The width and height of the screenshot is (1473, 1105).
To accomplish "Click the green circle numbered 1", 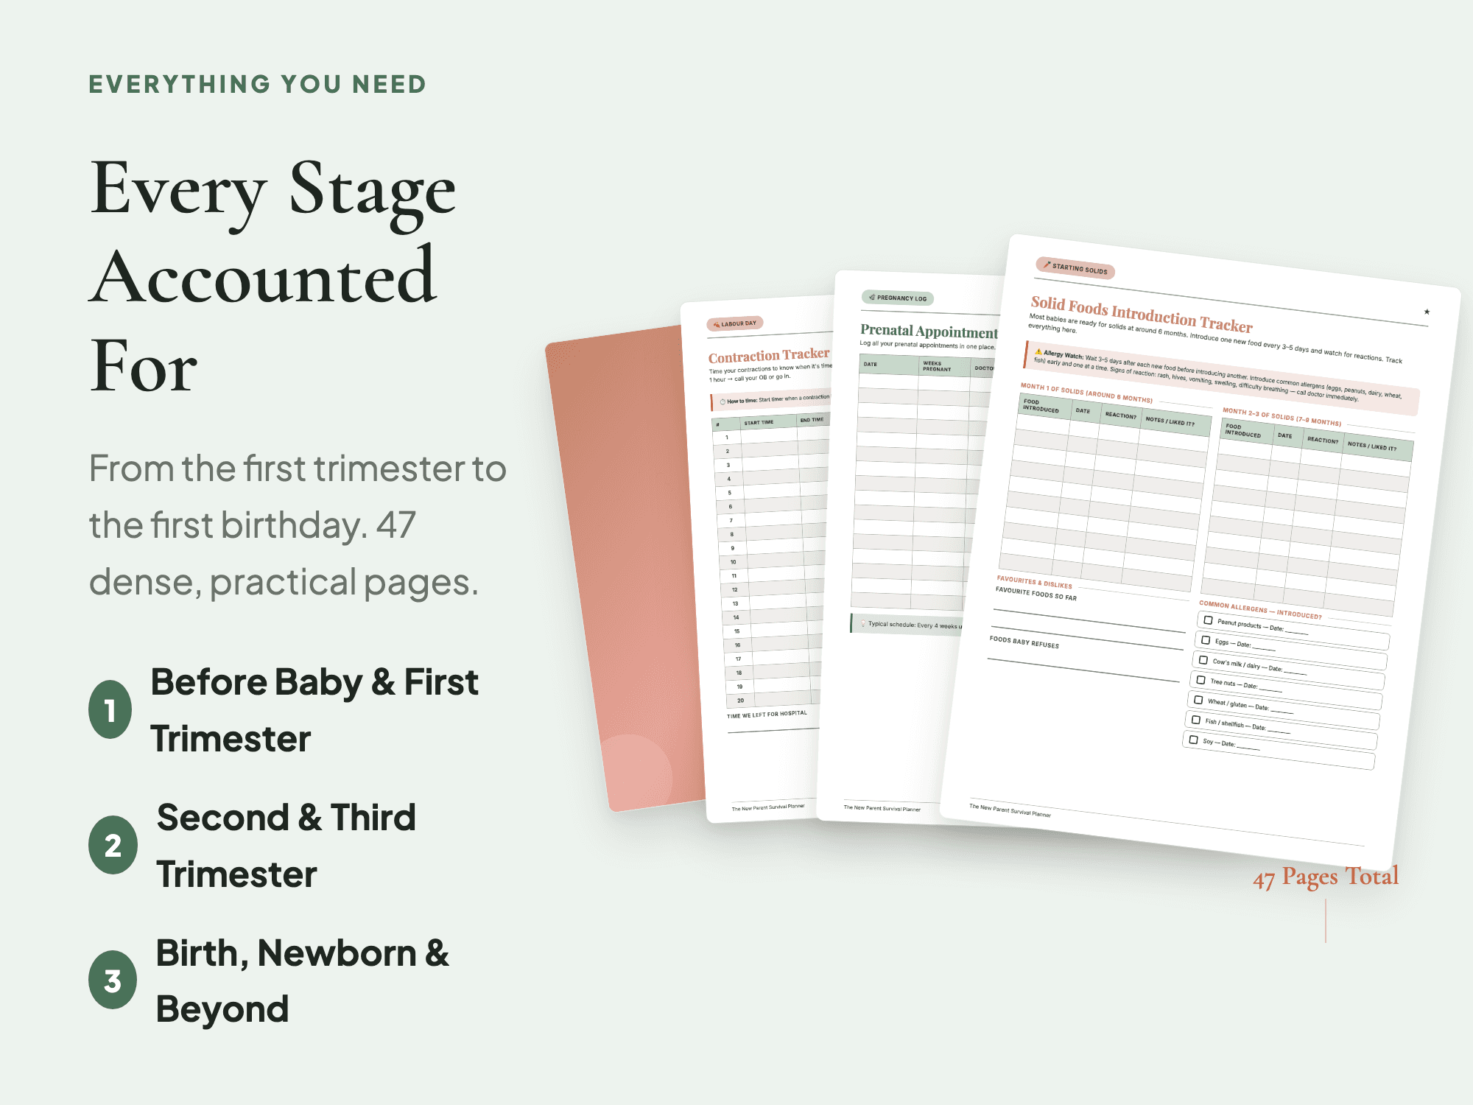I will tap(110, 709).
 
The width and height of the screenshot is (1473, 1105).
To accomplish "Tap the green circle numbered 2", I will tap(113, 845).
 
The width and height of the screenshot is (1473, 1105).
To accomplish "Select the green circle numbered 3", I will tap(113, 981).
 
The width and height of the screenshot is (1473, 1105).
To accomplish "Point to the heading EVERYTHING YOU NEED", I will tap(257, 84).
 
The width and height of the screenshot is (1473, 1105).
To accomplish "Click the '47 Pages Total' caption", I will tap(1325, 877).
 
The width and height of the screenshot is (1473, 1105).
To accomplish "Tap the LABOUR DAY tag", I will tap(735, 323).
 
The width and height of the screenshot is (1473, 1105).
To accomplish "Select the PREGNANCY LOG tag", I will tap(898, 298).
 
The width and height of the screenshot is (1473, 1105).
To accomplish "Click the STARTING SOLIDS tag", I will tap(1075, 269).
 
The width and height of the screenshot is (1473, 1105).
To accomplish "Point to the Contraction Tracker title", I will tap(768, 356).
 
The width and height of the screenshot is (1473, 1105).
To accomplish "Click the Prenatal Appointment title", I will tap(928, 331).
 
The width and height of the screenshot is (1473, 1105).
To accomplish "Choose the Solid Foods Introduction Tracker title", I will tap(1141, 315).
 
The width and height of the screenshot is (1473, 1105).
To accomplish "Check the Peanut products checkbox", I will tap(1208, 620).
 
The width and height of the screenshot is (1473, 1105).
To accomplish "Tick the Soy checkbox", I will tap(1193, 740).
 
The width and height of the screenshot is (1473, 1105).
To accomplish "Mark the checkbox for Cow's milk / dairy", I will tap(1203, 660).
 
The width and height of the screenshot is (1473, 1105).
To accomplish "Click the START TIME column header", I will tap(759, 423).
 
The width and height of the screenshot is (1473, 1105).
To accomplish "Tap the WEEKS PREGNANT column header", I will tap(936, 366).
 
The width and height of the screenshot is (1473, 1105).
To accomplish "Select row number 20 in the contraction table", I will tap(740, 701).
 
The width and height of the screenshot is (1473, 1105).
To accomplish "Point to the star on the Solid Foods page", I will tap(1427, 312).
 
